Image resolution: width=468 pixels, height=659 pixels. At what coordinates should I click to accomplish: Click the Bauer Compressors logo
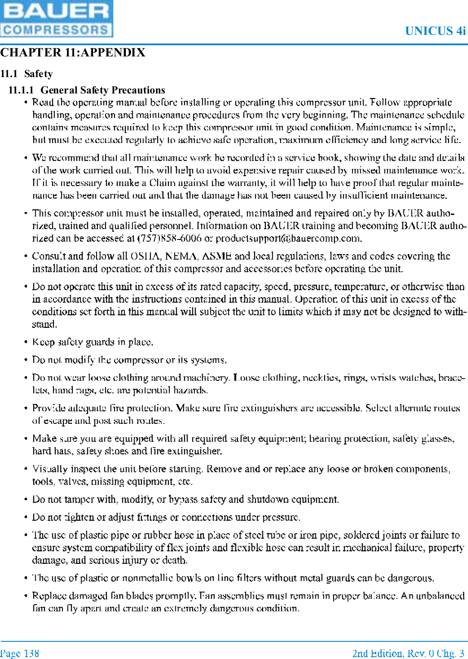(x=56, y=19)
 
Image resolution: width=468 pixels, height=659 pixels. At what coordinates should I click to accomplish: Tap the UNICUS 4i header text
(x=435, y=31)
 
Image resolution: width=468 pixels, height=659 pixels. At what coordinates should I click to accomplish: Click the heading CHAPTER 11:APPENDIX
(x=73, y=53)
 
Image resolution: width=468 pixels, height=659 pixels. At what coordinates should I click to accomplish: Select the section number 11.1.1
(x=21, y=90)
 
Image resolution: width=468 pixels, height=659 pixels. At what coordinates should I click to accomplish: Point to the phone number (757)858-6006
(x=169, y=238)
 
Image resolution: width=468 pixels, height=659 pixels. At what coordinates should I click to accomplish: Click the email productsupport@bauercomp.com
(x=288, y=238)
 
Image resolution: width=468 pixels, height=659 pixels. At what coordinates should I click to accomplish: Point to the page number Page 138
(x=19, y=653)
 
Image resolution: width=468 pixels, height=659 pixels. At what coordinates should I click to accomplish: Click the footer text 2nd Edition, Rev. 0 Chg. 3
(x=408, y=653)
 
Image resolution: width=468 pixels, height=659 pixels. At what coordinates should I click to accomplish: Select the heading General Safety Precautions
(x=103, y=90)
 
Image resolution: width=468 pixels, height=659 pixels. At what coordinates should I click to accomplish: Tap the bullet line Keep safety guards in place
(x=92, y=342)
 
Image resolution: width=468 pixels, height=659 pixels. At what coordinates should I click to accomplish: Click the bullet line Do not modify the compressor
(x=129, y=360)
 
